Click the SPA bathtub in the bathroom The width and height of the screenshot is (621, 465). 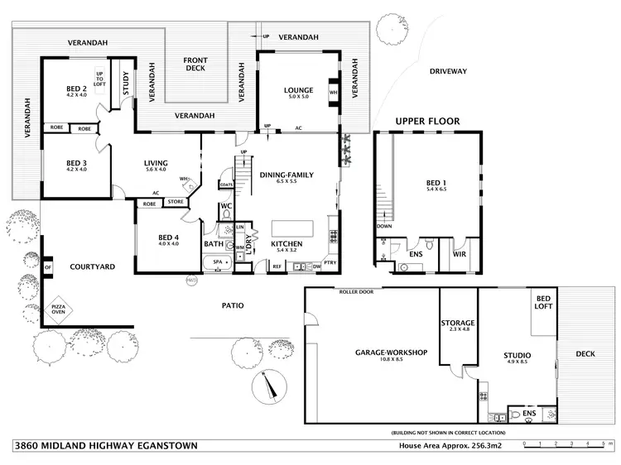point(219,262)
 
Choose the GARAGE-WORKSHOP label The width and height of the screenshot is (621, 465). point(391,352)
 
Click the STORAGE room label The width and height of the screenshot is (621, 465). point(457,323)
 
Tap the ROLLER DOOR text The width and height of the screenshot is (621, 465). point(356,292)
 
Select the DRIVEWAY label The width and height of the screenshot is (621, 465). point(448,71)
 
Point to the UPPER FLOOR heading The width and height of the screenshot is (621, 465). point(426,121)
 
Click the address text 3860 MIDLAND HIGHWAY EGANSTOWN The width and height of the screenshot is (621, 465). point(106,445)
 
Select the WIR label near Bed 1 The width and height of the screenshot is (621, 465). point(460,255)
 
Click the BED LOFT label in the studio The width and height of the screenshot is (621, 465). point(544,303)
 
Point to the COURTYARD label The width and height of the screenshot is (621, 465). point(92,266)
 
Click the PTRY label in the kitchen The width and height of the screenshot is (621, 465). point(330,263)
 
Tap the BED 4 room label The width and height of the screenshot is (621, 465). point(168,241)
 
